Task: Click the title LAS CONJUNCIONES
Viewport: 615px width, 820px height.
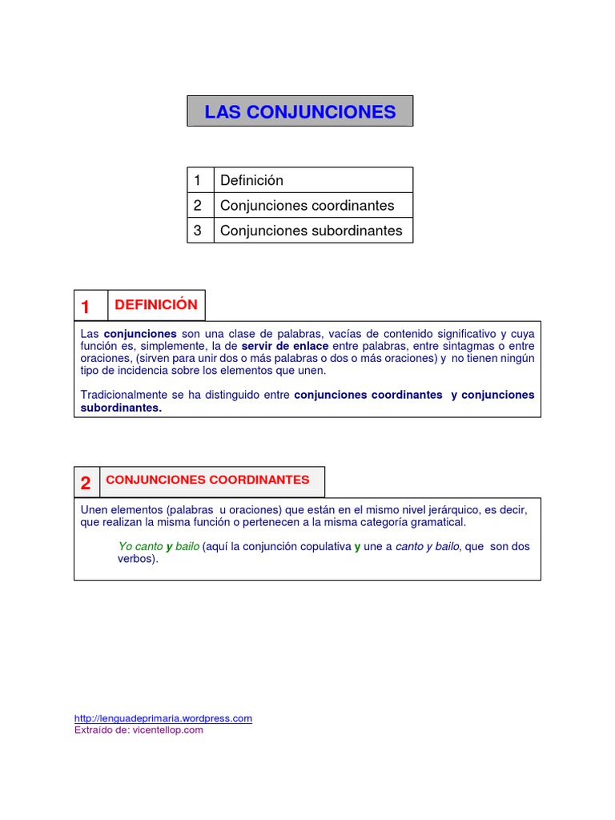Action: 300,111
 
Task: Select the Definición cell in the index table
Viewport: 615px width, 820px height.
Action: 251,180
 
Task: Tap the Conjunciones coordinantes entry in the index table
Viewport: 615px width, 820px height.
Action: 307,205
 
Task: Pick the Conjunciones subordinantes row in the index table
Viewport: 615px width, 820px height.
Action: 311,231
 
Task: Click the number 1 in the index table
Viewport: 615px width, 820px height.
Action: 198,180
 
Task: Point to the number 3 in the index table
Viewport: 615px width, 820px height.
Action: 198,231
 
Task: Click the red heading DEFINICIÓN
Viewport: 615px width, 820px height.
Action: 155,304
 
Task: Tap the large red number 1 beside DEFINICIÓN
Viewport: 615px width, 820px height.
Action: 86,307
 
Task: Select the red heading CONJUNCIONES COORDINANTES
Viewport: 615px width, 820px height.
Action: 207,480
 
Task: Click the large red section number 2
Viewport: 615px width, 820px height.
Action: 86,483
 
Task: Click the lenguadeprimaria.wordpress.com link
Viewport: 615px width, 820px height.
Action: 163,718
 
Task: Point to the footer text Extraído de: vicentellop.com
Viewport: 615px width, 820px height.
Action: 139,730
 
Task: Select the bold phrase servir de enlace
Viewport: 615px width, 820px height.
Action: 285,345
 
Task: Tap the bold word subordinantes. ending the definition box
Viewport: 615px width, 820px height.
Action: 121,408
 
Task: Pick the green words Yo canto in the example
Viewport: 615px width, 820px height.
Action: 140,546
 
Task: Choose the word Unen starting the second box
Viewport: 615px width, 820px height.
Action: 94,509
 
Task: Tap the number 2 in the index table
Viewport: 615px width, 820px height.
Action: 198,205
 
